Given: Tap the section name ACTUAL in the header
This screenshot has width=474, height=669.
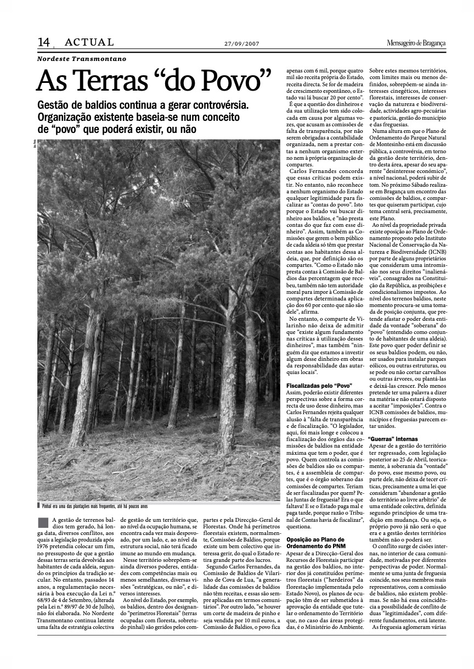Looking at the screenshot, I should (89, 42).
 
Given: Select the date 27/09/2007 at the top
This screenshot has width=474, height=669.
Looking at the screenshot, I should (242, 44).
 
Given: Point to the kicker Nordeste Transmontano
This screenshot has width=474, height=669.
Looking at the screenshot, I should (82, 58).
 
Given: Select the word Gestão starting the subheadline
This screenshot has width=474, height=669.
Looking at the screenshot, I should (53, 104).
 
